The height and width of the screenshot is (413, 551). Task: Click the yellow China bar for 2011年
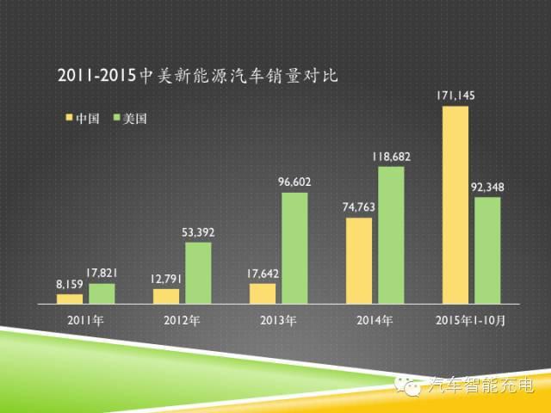[70, 299]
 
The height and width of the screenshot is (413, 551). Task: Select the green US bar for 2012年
[198, 273]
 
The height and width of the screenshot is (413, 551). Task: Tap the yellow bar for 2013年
[263, 293]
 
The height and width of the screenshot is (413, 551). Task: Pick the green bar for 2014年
[391, 235]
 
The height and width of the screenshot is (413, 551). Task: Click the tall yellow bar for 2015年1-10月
[455, 205]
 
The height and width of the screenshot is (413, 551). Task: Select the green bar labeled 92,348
[487, 250]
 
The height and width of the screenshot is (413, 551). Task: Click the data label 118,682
[392, 157]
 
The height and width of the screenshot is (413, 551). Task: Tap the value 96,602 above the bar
[294, 182]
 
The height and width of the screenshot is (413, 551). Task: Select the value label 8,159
[70, 284]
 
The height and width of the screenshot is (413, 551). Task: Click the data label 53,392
[198, 232]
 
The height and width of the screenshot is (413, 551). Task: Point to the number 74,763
[360, 208]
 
